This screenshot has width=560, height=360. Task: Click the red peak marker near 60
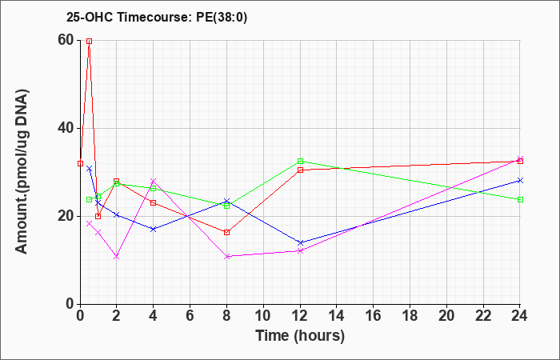pyautogui.click(x=90, y=41)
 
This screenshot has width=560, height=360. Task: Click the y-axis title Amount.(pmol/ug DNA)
pyautogui.click(x=22, y=172)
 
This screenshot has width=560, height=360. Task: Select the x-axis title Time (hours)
pyautogui.click(x=300, y=336)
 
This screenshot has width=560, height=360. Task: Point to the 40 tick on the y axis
pyautogui.click(x=66, y=128)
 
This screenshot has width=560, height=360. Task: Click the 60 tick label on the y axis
pyautogui.click(x=66, y=40)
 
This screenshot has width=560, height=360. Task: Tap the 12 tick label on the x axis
pyautogui.click(x=300, y=316)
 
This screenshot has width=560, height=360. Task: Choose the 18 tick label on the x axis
pyautogui.click(x=410, y=316)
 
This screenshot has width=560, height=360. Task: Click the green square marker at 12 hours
pyautogui.click(x=300, y=161)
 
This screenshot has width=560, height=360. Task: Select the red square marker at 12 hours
pyautogui.click(x=300, y=170)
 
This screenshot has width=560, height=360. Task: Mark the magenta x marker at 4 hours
pyautogui.click(x=154, y=181)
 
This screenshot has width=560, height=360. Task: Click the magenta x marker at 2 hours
pyautogui.click(x=117, y=257)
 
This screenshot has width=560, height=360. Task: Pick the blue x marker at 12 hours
pyautogui.click(x=300, y=243)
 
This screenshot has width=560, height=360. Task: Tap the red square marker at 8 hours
pyautogui.click(x=226, y=233)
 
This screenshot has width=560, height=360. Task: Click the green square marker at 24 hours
pyautogui.click(x=520, y=199)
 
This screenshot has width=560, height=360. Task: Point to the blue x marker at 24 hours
pyautogui.click(x=520, y=180)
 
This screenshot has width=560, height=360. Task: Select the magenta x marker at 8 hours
pyautogui.click(x=226, y=257)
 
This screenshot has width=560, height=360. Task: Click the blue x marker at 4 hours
pyautogui.click(x=154, y=229)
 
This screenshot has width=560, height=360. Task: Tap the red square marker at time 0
pyautogui.click(x=80, y=163)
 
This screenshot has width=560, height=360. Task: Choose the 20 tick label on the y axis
pyautogui.click(x=66, y=216)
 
